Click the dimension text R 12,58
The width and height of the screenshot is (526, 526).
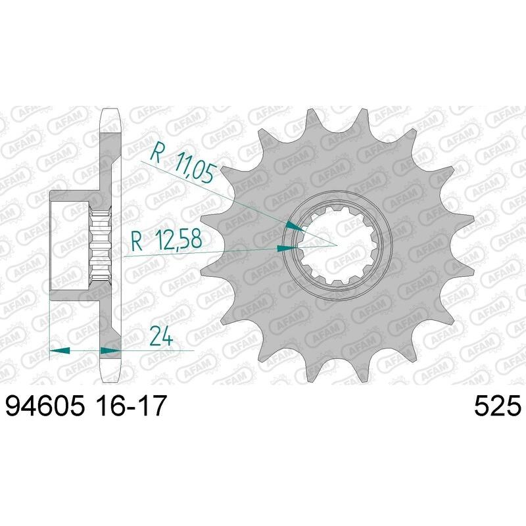166,241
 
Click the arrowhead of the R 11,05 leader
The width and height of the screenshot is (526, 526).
297,227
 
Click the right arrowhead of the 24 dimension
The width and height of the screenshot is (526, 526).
111,350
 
